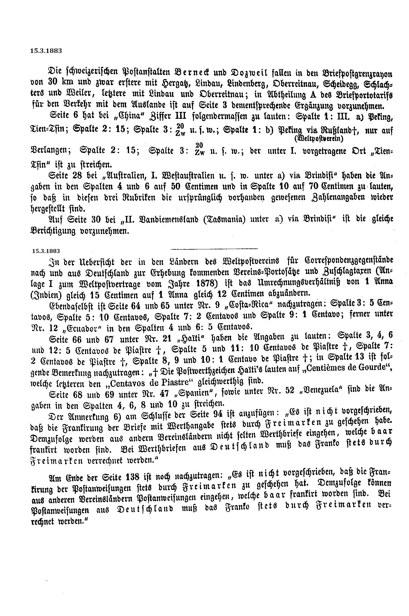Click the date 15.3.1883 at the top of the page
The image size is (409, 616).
(x=46, y=51)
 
